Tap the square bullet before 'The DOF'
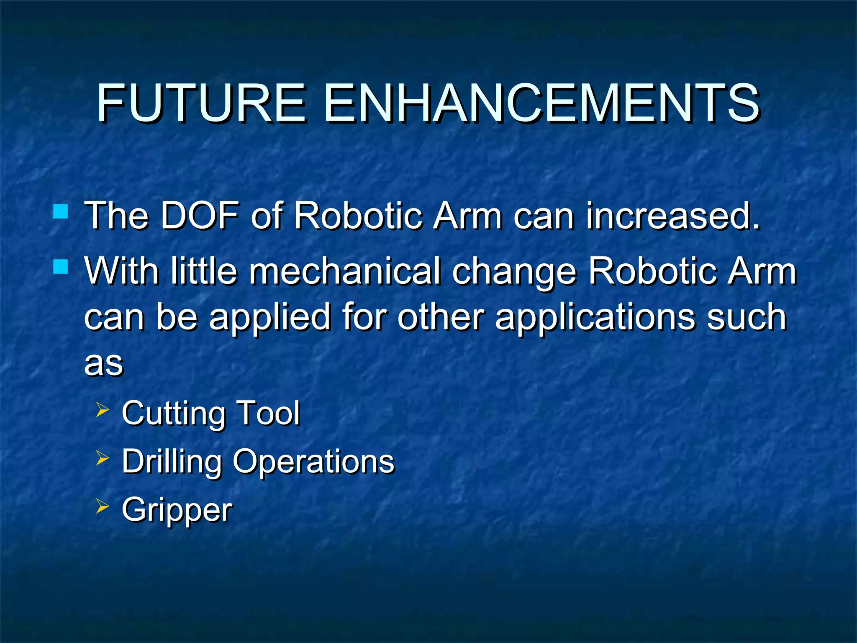point(61,212)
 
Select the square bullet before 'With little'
point(61,267)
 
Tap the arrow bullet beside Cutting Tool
point(102,410)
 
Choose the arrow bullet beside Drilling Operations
point(102,458)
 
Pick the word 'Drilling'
point(172,462)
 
